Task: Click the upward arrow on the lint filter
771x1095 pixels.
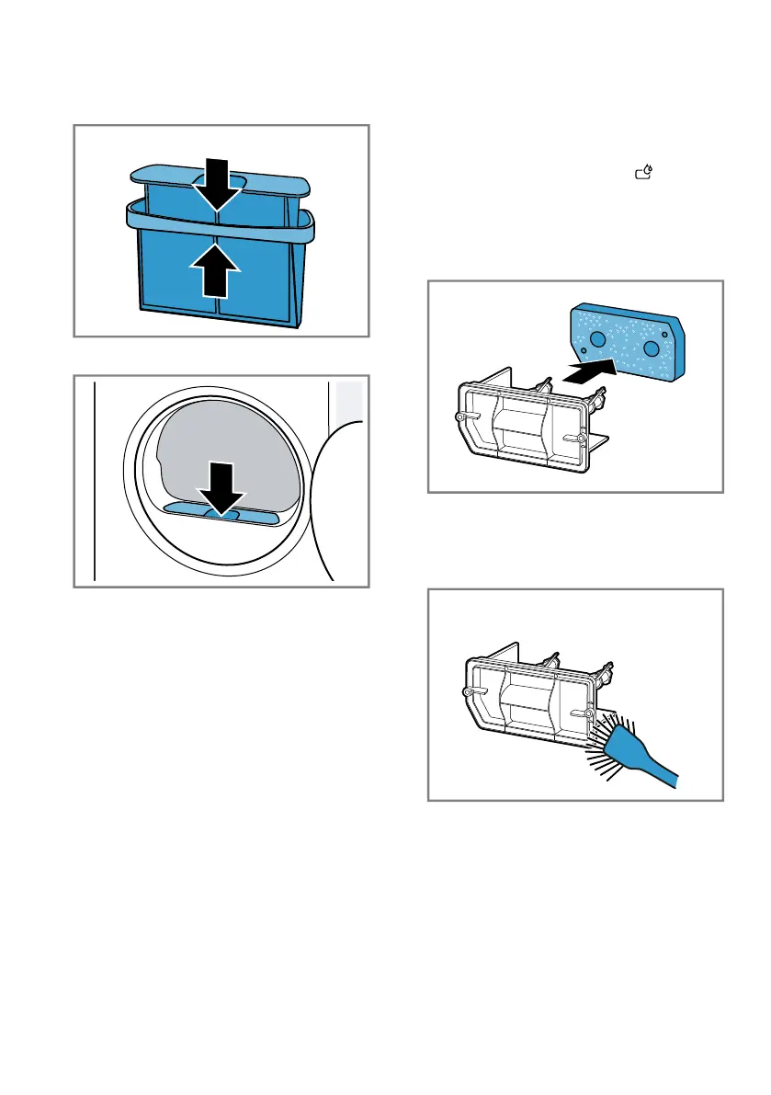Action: [218, 269]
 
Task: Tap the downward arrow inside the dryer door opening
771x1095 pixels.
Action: [222, 485]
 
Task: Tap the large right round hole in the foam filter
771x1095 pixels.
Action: [654, 348]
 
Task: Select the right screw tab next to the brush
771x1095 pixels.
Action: [586, 712]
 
